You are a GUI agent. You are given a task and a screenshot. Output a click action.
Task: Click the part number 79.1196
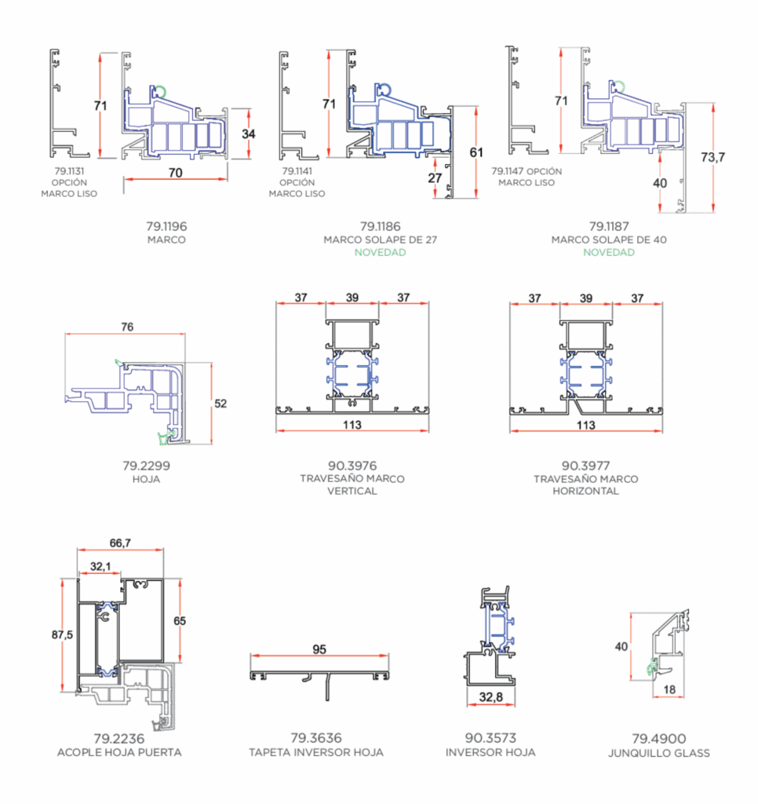[166, 226]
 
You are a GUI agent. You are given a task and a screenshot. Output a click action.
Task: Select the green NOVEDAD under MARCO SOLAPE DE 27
[381, 252]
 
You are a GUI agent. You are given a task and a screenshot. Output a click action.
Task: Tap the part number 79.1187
[609, 226]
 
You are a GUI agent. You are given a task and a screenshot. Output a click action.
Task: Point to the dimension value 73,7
[713, 157]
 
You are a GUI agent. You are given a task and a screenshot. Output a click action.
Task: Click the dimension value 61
[476, 152]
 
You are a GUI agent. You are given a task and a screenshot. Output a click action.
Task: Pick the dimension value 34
[249, 133]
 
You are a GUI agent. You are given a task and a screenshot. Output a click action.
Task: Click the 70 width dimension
[175, 173]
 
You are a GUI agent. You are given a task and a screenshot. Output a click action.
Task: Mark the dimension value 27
[435, 178]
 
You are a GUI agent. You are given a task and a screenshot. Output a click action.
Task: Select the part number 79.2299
[146, 466]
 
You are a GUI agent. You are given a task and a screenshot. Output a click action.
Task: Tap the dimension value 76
[127, 327]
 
